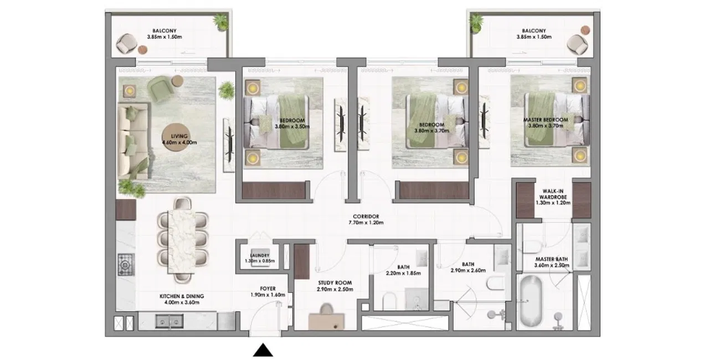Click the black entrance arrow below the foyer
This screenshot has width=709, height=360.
pyautogui.click(x=263, y=350)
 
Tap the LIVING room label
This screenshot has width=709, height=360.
pyautogui.click(x=179, y=136)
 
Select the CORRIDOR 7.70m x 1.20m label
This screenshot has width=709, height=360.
pyautogui.click(x=366, y=219)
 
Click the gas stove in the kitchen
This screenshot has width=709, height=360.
pyautogui.click(x=126, y=265)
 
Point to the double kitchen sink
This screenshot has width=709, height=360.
pyautogui.click(x=169, y=321)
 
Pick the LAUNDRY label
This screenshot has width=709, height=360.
pyautogui.click(x=260, y=255)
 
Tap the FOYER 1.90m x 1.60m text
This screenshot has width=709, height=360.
pyautogui.click(x=268, y=292)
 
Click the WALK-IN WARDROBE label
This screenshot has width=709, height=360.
pyautogui.click(x=553, y=194)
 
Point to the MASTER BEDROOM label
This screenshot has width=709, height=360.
pyautogui.click(x=546, y=120)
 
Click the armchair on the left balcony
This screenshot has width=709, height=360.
pyautogui.click(x=127, y=43)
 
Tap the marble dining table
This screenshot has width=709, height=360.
pyautogui.click(x=182, y=241)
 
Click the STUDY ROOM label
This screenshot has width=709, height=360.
pyautogui.click(x=335, y=283)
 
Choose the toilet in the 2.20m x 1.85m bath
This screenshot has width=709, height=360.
pyautogui.click(x=389, y=301)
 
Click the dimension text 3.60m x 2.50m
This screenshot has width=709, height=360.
pyautogui.click(x=552, y=265)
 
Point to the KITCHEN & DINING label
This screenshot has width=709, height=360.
pyautogui.click(x=182, y=296)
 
